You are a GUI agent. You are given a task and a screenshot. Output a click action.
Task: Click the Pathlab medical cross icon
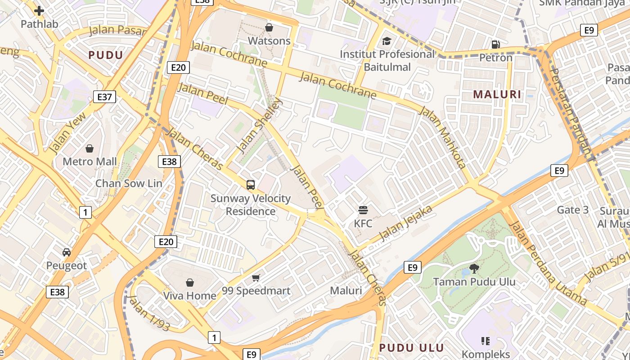[39, 10]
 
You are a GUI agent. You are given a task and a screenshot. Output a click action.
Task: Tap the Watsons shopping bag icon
[269, 28]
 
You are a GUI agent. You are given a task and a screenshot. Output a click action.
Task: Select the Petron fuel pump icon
[495, 44]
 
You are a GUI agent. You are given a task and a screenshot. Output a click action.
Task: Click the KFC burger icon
[363, 210]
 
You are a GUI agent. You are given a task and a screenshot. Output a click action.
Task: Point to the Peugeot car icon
[67, 252]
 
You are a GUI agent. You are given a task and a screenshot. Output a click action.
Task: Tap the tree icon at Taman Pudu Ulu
[474, 269]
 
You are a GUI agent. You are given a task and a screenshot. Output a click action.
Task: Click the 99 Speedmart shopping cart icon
[256, 278]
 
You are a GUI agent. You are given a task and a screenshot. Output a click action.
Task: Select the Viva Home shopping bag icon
[190, 283]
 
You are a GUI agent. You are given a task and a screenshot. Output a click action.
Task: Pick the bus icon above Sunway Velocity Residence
[251, 184]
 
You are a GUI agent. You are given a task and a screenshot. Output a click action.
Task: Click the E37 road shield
[104, 97]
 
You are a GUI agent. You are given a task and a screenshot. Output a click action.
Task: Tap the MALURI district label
[497, 94]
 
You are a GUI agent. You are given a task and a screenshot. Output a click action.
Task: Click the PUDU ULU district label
[411, 347]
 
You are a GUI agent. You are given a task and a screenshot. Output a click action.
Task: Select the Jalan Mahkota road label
[444, 138]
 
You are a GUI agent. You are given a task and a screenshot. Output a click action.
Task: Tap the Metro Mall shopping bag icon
[90, 148]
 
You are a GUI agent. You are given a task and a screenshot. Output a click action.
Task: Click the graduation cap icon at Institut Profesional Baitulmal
[387, 41]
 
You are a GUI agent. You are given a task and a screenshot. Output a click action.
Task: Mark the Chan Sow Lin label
[129, 183]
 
